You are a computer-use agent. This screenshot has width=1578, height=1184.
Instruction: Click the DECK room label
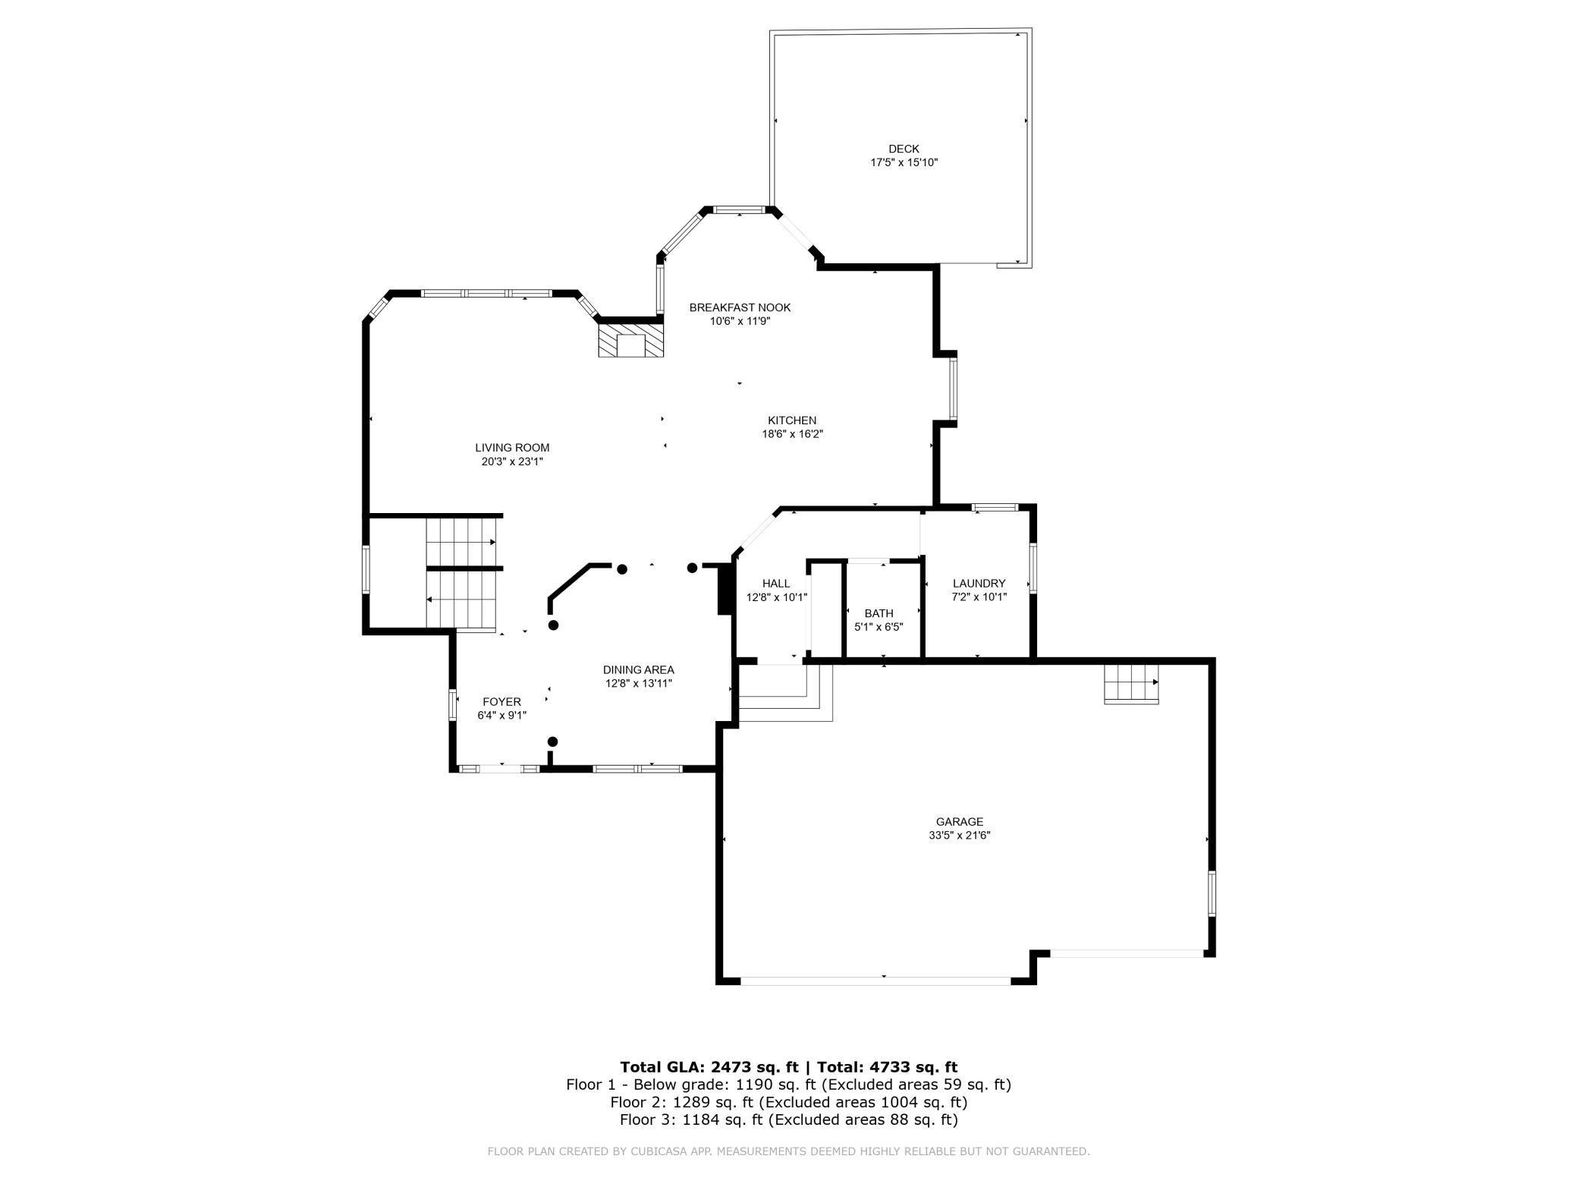pos(904,149)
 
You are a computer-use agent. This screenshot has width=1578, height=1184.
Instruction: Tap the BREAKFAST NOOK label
pos(740,307)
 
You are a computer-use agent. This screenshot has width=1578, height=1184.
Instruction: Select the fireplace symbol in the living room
pos(630,341)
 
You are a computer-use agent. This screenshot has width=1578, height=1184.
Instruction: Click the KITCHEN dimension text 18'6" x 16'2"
pos(792,434)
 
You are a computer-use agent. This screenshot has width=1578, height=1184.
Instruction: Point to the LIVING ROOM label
pos(512,448)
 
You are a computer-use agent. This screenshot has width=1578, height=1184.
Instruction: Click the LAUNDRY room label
pos(979,583)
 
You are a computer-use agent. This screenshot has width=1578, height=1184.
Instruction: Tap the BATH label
pos(879,613)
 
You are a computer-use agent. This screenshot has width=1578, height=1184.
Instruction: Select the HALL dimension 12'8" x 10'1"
pos(776,597)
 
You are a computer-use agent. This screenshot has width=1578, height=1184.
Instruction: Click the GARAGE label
pos(959,821)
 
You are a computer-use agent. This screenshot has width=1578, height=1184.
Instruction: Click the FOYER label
pos(501,702)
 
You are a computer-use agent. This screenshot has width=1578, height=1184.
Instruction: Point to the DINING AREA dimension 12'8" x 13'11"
pos(638,683)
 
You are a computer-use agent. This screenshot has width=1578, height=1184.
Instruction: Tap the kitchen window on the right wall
pos(954,389)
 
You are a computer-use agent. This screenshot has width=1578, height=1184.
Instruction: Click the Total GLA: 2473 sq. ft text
pos(709,1066)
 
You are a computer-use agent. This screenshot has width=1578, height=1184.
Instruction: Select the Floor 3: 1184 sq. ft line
pos(788,1119)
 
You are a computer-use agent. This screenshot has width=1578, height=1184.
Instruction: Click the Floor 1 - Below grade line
pos(788,1085)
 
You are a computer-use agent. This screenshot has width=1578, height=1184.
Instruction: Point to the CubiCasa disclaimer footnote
pos(788,1151)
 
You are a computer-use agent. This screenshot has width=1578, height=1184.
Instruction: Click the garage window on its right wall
pos(1211,893)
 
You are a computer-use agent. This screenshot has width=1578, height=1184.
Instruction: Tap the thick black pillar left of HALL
pos(724,589)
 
